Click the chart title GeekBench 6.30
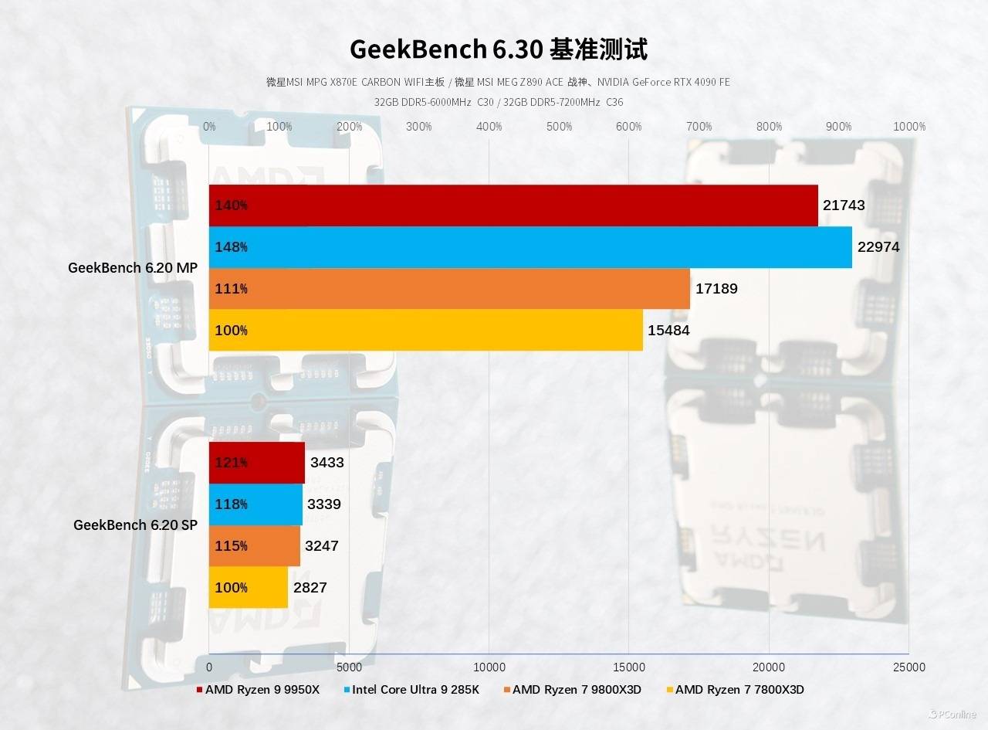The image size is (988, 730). pos(498,49)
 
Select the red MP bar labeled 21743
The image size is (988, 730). pos(513,205)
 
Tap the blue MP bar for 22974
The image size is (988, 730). pos(530,247)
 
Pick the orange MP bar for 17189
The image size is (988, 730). pos(449,289)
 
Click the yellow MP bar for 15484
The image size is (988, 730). pos(426,330)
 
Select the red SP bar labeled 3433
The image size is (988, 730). pos(257,463)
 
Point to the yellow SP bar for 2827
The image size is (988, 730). pos(249,587)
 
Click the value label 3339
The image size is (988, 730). pos(324,504)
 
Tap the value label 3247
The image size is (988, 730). pos(322,546)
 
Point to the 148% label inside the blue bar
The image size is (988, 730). pos(232,247)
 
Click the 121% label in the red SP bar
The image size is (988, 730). pos(232,463)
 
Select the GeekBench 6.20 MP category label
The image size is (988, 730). pos(133,268)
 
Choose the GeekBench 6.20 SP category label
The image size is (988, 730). pos(135,525)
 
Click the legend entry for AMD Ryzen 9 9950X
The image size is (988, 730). pos(262,689)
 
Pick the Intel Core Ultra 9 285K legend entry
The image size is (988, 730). pos(415,689)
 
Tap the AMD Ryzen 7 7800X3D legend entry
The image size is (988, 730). pos(739,689)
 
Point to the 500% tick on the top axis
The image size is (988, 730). pos(559,127)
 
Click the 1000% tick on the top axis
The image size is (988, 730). pos(909,127)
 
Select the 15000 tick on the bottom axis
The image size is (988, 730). pos(628,667)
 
